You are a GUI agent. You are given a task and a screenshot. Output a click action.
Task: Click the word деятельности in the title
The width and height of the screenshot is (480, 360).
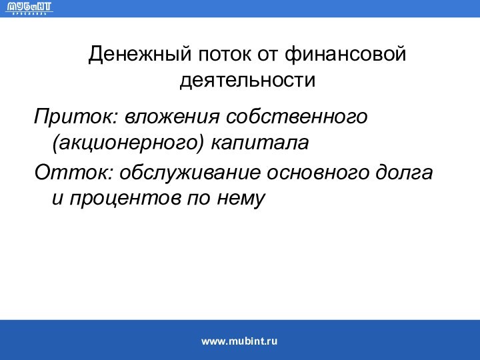(x=247, y=81)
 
